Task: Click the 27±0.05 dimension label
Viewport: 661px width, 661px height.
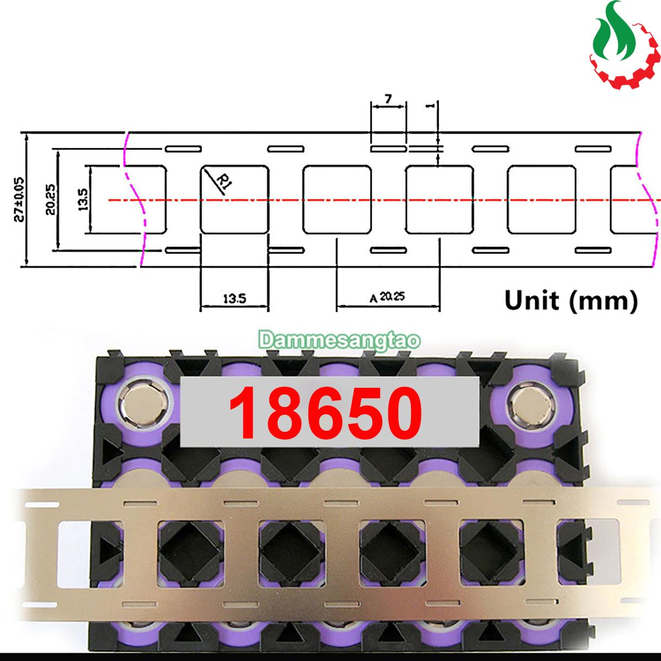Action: click(x=19, y=199)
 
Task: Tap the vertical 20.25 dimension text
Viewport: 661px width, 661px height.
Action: click(x=51, y=199)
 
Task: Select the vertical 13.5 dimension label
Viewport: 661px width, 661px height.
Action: click(x=83, y=199)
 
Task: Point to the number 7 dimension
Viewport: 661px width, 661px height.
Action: click(x=388, y=99)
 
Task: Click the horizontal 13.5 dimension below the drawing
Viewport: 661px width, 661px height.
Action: click(x=235, y=299)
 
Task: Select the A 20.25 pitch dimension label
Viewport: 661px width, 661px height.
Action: click(x=387, y=297)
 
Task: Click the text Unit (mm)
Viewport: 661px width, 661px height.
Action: click(x=571, y=301)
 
